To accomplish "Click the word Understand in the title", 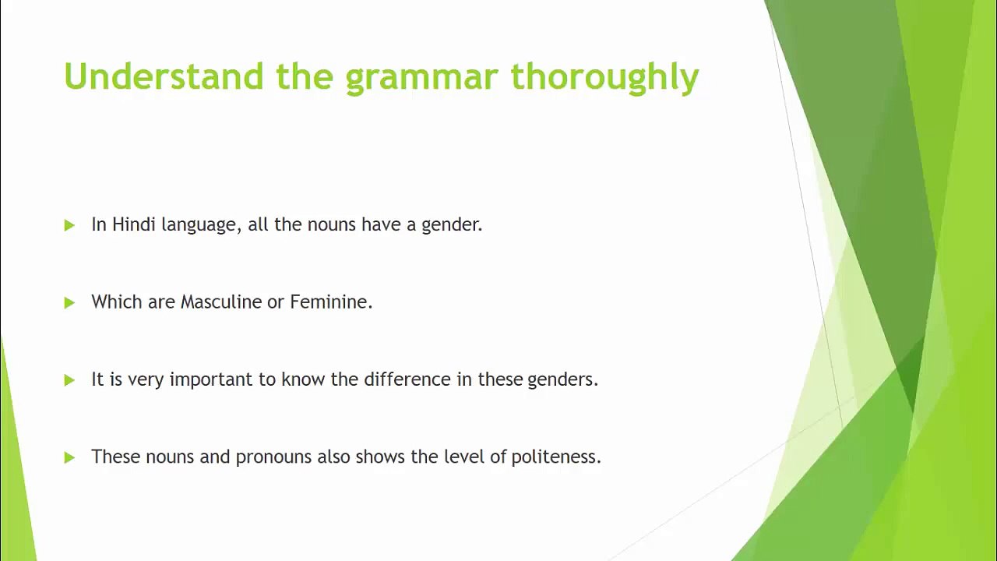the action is click(x=164, y=76).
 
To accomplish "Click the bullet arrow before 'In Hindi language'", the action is click(x=69, y=225).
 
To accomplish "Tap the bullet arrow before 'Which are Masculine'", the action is click(x=69, y=303).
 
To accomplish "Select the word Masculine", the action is click(x=220, y=302).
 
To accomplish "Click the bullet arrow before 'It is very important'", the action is click(x=69, y=380).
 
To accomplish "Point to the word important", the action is click(x=211, y=379).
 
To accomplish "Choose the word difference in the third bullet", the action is click(x=407, y=379).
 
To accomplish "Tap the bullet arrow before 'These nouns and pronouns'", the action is click(x=69, y=457).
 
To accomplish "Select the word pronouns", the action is click(x=273, y=457).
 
